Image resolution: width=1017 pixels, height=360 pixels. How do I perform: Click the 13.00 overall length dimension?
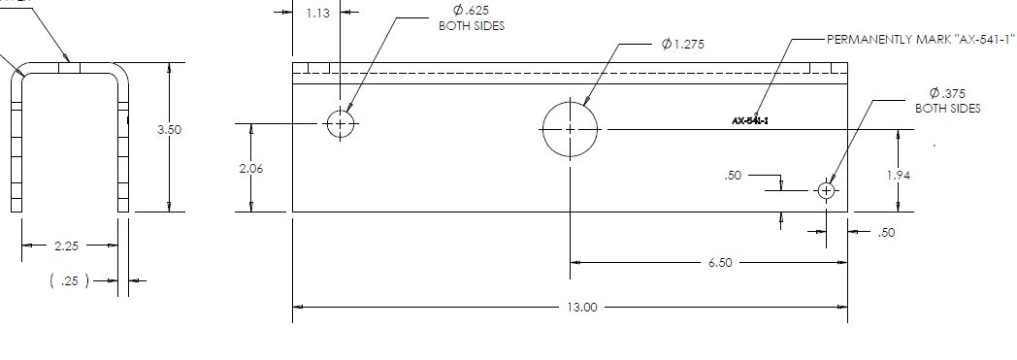coord(582,307)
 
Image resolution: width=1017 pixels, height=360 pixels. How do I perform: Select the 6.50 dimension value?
coord(720,263)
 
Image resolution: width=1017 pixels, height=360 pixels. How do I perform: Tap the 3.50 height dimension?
coord(169,129)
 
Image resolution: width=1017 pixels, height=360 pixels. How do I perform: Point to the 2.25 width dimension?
coord(67,245)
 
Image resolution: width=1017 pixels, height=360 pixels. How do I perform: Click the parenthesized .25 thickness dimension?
coord(70,280)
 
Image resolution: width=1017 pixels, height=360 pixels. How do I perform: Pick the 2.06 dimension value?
coord(251,169)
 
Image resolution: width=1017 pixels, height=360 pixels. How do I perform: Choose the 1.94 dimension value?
coord(899,175)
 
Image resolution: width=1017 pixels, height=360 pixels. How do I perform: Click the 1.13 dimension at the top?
coord(317,13)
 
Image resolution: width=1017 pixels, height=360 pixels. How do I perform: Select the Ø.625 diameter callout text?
coord(471,11)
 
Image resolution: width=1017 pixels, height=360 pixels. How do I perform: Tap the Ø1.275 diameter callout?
coord(682,44)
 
